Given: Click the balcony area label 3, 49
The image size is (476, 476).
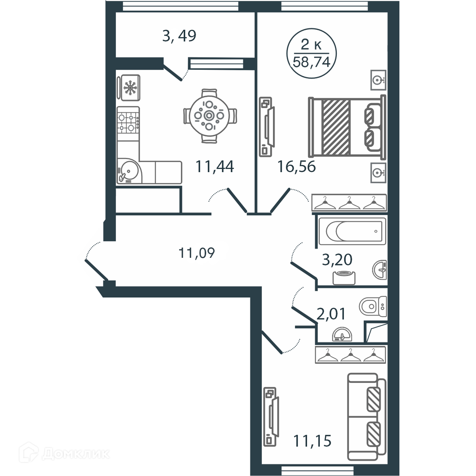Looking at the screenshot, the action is pos(179,36).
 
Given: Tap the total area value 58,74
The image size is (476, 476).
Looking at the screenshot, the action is pos(311,62).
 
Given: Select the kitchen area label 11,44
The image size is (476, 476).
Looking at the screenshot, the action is pos(215,167).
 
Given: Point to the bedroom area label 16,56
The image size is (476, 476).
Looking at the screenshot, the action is pos(297,167).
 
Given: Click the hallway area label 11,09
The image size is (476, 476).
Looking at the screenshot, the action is pos(197,253).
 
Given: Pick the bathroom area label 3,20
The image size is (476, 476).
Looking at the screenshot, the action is pos(337,259).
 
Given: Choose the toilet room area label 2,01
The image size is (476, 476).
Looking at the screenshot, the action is pos(331,314).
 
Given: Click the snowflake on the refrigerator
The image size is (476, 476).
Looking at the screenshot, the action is pos(130,87).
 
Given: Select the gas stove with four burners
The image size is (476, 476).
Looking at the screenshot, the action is pos(128,123).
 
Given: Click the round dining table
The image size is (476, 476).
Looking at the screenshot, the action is pos(209,115).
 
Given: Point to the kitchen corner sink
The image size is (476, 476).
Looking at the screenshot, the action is pos(129,171).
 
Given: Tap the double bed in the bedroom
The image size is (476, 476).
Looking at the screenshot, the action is pos(347,127).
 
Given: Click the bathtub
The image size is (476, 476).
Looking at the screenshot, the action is pos(352,231).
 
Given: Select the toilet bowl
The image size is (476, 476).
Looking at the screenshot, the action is pos(373,306).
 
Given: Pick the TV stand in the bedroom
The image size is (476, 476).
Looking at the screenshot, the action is pos(267,127).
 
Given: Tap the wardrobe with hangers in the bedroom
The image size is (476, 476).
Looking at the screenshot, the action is pos(349,203).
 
